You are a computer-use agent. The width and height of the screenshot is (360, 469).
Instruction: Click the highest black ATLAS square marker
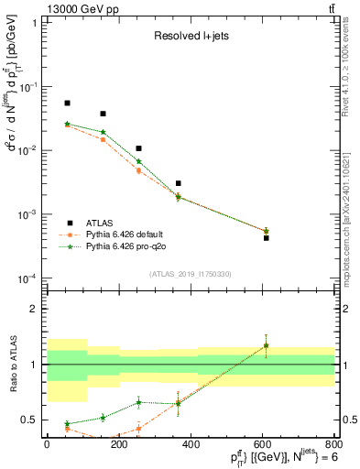67,104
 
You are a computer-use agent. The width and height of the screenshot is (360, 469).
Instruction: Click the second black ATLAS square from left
103,114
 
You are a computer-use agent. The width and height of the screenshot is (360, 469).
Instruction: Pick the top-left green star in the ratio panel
67,424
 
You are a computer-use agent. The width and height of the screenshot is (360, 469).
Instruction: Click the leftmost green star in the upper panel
67,124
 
